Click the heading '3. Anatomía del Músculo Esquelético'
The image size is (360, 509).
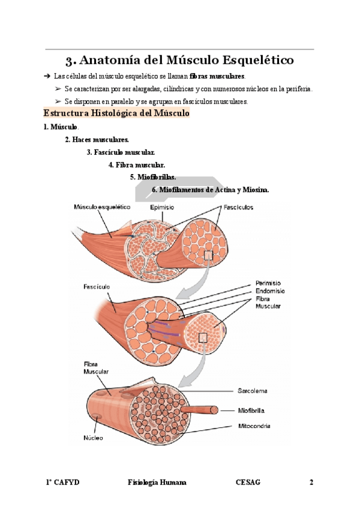pyautogui.click(x=179, y=61)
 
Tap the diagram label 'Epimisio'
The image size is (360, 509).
pyautogui.click(x=162, y=208)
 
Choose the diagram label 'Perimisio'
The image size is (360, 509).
pyautogui.click(x=268, y=283)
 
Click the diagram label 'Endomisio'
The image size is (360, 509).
pyautogui.click(x=269, y=291)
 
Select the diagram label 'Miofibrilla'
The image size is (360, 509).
pyautogui.click(x=251, y=411)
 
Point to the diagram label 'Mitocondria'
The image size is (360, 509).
pyautogui.click(x=253, y=426)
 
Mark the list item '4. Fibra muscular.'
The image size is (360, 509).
pyautogui.click(x=137, y=164)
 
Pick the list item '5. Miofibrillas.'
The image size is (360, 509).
pyautogui.click(x=153, y=177)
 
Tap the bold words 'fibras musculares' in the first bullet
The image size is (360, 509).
pyautogui.click(x=217, y=77)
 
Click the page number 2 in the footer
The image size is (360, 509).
pyautogui.click(x=311, y=483)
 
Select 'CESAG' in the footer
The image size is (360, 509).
pyautogui.click(x=248, y=483)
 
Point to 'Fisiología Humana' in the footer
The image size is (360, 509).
pyautogui.click(x=157, y=483)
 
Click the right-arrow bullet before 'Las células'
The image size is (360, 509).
pyautogui.click(x=47, y=77)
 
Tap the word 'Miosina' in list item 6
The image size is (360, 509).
pyautogui.click(x=254, y=190)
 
